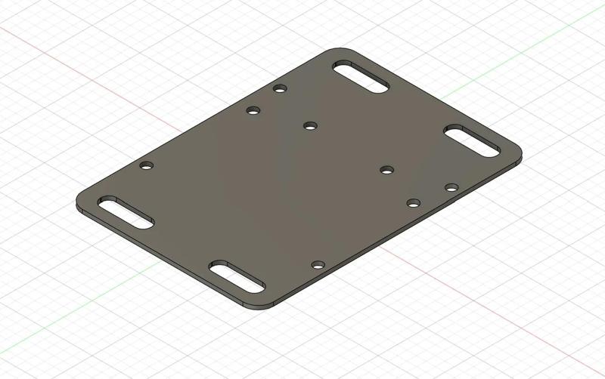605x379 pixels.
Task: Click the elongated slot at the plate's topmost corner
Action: click(x=360, y=79)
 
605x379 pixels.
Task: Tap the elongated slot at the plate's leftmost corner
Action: click(x=126, y=213)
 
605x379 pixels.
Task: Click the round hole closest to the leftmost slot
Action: click(x=147, y=165)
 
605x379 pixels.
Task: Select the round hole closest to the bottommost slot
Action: click(x=318, y=265)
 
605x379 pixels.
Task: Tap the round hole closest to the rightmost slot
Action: click(x=451, y=187)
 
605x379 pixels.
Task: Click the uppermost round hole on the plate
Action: click(x=280, y=89)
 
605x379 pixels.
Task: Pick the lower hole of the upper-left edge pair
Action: click(x=253, y=111)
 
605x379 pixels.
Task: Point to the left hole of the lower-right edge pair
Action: click(x=414, y=202)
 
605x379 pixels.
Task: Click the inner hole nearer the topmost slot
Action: click(x=309, y=125)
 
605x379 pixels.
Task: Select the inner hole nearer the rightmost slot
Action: click(x=387, y=170)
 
